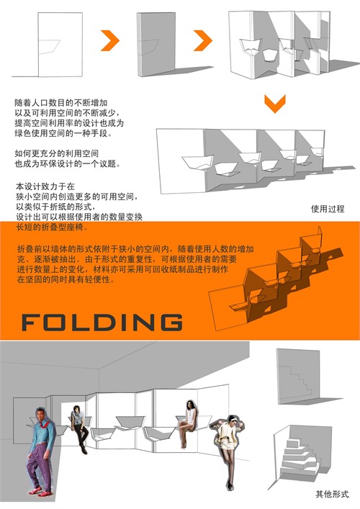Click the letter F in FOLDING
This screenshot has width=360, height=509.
(x=32, y=323)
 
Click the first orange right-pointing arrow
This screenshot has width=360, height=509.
(x=110, y=40)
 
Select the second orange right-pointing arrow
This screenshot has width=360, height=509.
(x=203, y=40)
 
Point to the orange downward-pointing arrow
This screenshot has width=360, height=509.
(x=275, y=104)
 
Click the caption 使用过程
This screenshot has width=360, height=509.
(x=328, y=209)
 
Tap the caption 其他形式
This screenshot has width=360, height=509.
(x=332, y=494)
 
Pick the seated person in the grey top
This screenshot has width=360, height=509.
(x=79, y=429)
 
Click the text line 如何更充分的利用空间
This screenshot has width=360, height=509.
(x=56, y=153)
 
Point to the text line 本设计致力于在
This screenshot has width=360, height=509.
(x=45, y=186)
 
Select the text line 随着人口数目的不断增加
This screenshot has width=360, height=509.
(x=61, y=103)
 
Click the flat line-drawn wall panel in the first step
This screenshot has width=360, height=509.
(x=60, y=45)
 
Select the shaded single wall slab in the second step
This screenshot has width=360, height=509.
(x=156, y=44)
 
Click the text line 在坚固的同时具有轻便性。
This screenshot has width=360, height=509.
(x=66, y=279)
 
